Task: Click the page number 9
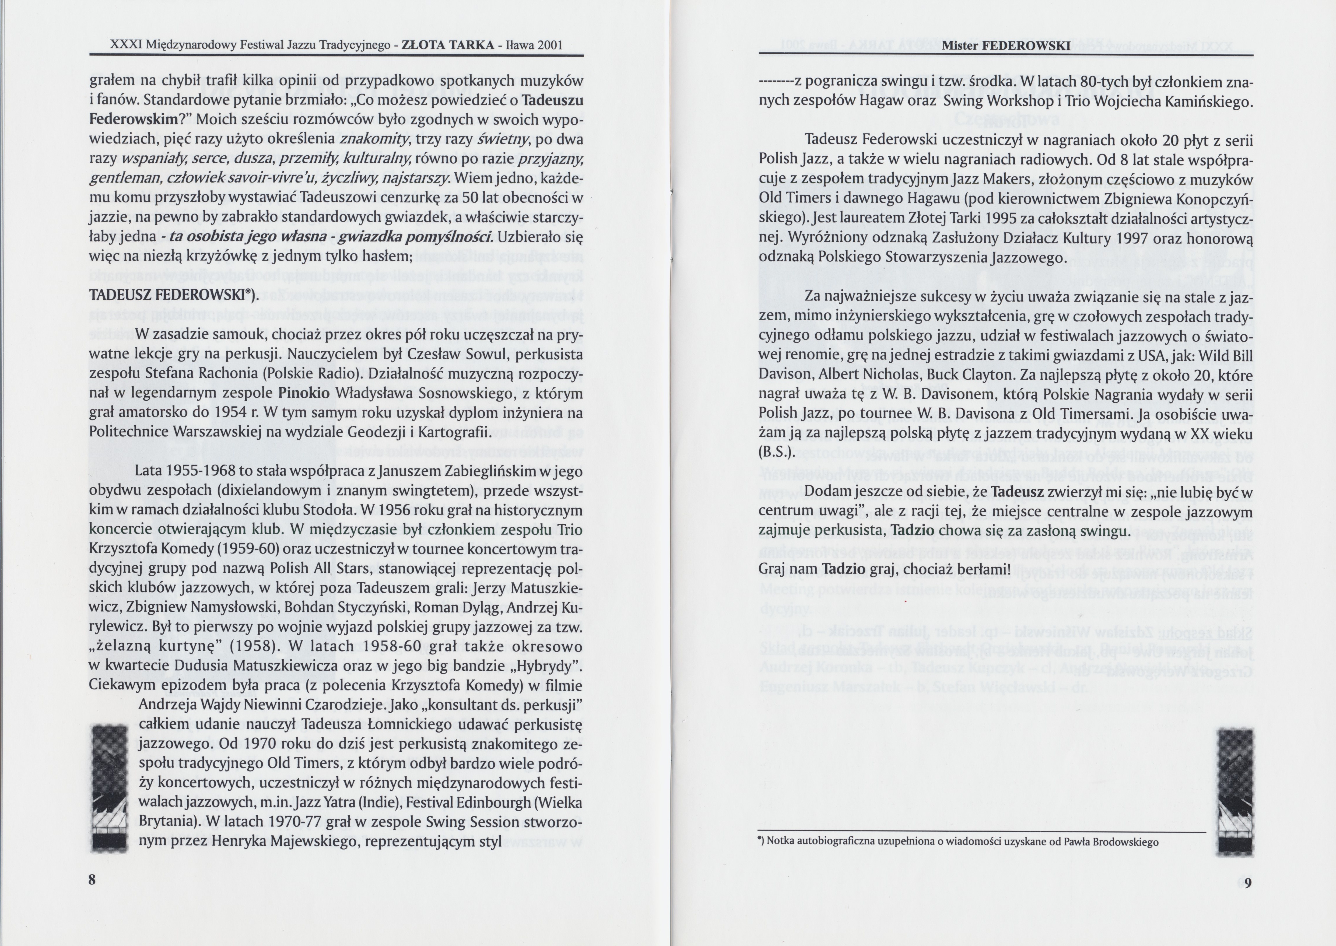pos(1247,882)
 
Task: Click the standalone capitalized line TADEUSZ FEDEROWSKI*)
pos(173,295)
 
